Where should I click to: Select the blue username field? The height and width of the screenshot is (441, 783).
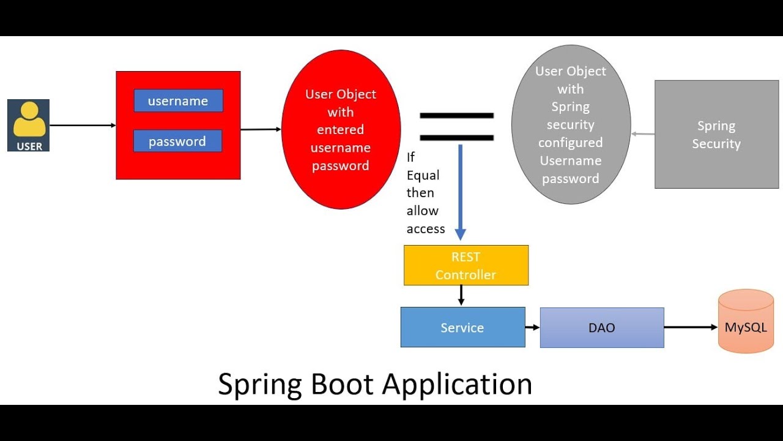[x=178, y=101]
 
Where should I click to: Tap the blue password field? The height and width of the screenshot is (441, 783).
[x=177, y=141]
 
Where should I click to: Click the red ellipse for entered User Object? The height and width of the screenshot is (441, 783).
[x=341, y=129]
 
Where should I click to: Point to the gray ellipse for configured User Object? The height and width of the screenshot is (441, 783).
[x=571, y=124]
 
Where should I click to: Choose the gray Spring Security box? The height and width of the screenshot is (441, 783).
[x=716, y=134]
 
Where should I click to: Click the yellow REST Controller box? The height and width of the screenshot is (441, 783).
[x=466, y=265]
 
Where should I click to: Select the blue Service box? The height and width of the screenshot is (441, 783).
[x=462, y=328]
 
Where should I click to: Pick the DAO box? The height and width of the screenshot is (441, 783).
[x=601, y=328]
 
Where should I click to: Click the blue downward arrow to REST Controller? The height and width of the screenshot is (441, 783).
[x=461, y=190]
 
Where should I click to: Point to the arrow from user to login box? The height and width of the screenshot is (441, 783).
[x=83, y=126]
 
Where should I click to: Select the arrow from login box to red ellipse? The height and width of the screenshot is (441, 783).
[x=261, y=129]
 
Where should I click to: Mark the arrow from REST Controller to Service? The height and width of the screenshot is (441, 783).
[x=461, y=295]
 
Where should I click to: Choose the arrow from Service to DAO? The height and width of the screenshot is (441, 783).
[x=532, y=328]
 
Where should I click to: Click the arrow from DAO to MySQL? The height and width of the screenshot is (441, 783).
[x=691, y=328]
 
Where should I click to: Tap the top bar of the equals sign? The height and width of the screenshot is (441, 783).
[x=456, y=116]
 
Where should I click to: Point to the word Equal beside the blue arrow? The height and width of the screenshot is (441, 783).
[x=423, y=175]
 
